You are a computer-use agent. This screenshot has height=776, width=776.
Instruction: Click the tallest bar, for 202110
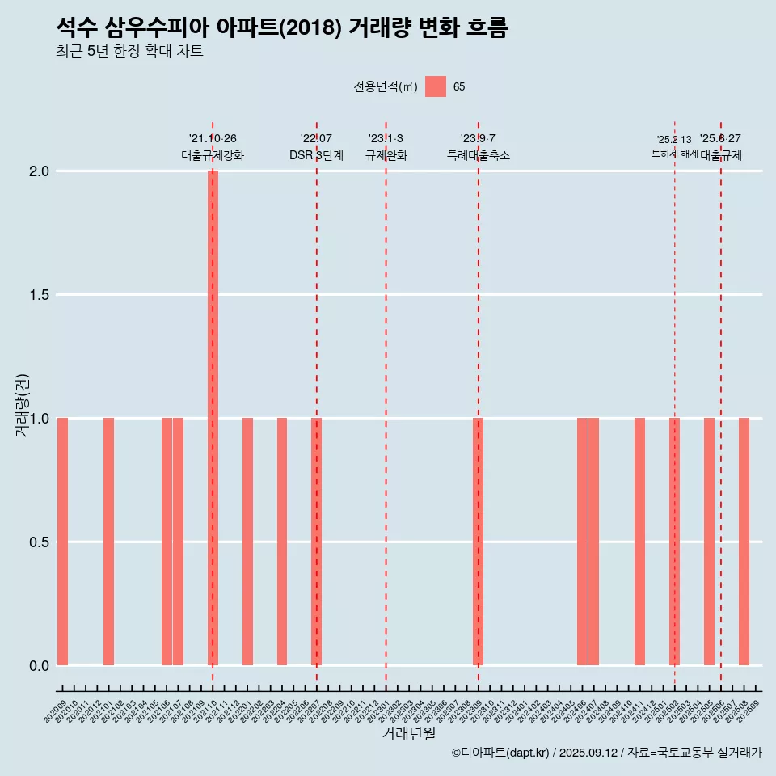click(213, 418)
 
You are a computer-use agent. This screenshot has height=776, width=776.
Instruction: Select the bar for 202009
click(62, 542)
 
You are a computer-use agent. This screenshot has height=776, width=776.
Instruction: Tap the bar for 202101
click(108, 542)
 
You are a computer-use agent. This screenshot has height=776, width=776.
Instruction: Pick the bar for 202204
click(282, 542)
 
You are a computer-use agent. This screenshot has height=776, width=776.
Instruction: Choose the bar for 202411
click(639, 542)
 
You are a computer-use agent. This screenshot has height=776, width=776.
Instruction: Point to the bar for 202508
click(744, 542)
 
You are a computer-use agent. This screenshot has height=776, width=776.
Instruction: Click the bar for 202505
click(709, 542)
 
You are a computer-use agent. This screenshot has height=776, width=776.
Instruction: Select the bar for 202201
click(247, 542)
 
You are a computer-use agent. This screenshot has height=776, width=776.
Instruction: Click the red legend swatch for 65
click(436, 86)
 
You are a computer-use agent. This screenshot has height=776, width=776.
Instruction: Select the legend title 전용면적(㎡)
click(385, 86)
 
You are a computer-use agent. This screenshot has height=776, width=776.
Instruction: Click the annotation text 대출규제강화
click(213, 155)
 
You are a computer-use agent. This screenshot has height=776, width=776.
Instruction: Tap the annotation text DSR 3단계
click(317, 155)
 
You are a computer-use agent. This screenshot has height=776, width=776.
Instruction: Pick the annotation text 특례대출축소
click(479, 155)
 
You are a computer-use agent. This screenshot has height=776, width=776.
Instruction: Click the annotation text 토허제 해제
click(674, 154)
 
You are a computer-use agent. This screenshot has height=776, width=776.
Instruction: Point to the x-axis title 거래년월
click(409, 734)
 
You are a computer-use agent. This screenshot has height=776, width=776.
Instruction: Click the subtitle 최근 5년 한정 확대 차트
click(129, 52)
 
